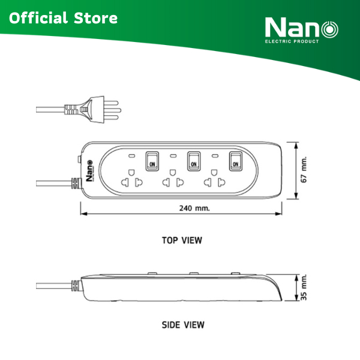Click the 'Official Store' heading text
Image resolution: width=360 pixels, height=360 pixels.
pyautogui.click(x=63, y=18)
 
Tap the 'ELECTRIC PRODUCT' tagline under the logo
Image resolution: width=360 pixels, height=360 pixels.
pyautogui.click(x=292, y=41)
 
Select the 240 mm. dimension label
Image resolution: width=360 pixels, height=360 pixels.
pyautogui.click(x=194, y=208)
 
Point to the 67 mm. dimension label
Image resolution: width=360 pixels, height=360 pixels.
pyautogui.click(x=304, y=170)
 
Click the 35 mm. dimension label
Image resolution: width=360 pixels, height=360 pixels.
pyautogui.click(x=304, y=287)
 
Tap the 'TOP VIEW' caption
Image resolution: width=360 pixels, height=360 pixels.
pyautogui.click(x=182, y=241)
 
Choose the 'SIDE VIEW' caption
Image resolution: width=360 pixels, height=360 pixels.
pyautogui.click(x=183, y=325)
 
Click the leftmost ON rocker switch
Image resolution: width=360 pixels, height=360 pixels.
pyautogui.click(x=152, y=161)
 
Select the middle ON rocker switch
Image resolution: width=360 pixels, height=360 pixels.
pyautogui.click(x=194, y=161)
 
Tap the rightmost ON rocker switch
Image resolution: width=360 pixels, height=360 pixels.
pyautogui.click(x=236, y=161)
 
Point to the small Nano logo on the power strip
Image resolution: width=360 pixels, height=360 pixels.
pyautogui.click(x=89, y=170)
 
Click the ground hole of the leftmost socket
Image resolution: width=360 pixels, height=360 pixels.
pyautogui.click(x=131, y=172)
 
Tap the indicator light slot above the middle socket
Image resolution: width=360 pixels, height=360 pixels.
pyautogui.click(x=173, y=156)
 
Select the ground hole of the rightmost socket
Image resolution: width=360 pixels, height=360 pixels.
pyautogui.click(x=214, y=172)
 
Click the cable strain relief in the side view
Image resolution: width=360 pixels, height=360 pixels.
pyautogui.click(x=76, y=286)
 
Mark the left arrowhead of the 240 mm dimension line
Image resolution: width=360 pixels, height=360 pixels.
pyautogui.click(x=83, y=214)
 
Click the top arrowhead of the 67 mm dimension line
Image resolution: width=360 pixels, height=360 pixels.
pyautogui.click(x=296, y=145)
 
